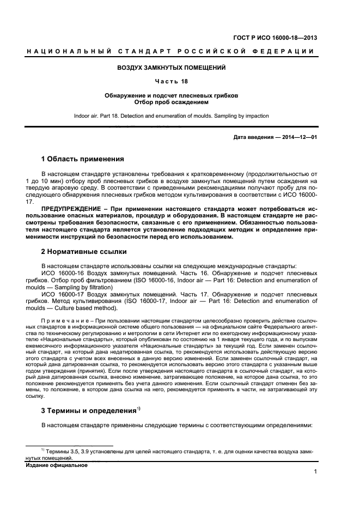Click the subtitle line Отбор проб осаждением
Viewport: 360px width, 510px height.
coord(172,102)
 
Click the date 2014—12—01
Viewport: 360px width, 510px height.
coord(296,137)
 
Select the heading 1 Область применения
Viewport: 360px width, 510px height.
coord(83,160)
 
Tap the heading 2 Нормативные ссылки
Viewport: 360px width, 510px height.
coord(84,252)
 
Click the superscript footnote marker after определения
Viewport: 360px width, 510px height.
coord(139,408)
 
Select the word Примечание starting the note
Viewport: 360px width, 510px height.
coord(60,320)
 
